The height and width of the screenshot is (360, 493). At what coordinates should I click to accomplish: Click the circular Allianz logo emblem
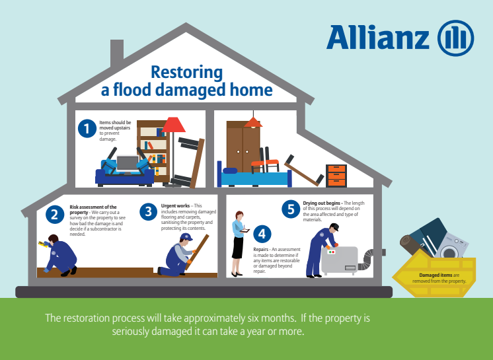point(455,38)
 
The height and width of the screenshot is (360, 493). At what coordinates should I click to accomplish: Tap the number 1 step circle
point(87,129)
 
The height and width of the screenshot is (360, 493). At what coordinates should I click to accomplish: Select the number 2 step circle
point(55,215)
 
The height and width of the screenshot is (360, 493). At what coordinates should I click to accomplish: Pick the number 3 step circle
point(149,211)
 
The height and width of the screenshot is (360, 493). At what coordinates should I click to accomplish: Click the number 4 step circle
point(262,234)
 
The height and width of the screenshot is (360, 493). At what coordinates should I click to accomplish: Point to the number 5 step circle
point(291,209)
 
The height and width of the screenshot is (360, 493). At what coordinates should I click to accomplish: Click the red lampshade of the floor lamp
point(173,125)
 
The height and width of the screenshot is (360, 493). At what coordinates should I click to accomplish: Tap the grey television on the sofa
point(128,164)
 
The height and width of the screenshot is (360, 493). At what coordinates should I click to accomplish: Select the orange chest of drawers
point(336,176)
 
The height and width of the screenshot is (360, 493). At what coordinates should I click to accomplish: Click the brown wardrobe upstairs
point(243,147)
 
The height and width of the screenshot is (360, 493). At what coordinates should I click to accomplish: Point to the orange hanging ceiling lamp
point(253,122)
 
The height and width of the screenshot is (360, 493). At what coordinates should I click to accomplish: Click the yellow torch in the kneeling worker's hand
point(42,244)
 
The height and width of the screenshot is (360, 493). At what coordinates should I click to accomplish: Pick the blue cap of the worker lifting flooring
point(186,236)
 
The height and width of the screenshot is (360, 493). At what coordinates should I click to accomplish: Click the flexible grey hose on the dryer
point(365,260)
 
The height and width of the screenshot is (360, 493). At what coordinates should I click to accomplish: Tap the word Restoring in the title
point(187,73)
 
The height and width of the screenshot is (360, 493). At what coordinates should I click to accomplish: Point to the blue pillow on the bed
point(230,170)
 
